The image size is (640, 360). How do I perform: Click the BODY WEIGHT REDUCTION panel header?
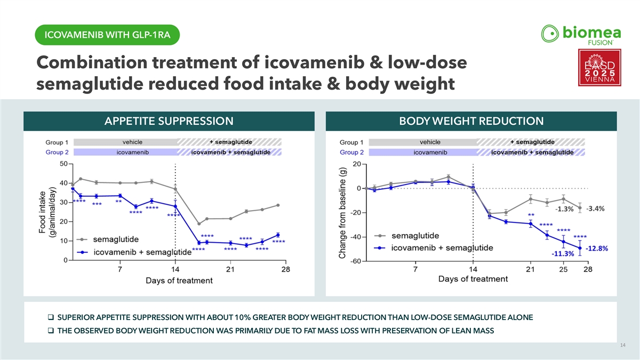471,121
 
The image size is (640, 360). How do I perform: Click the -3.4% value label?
595,209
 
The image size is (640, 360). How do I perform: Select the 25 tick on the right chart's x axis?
563,269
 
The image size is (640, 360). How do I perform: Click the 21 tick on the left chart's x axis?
230,269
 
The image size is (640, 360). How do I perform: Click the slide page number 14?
623,347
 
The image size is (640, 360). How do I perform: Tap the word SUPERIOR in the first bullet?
75,317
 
